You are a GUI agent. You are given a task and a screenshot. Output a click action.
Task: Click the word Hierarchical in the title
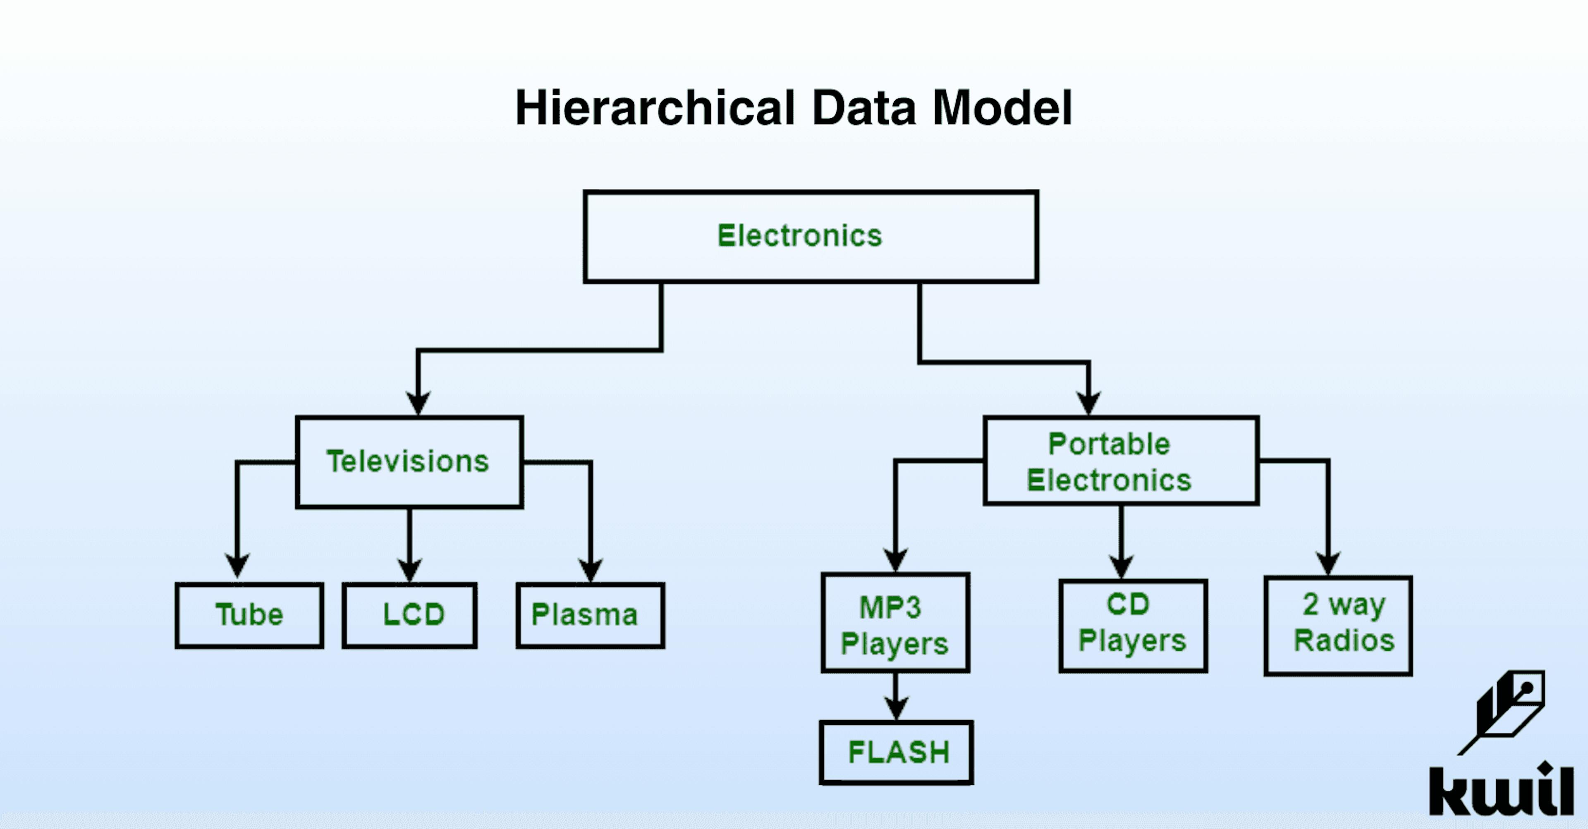click(655, 108)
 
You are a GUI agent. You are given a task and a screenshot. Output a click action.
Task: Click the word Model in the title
click(1002, 108)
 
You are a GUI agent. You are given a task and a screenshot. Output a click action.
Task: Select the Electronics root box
click(811, 237)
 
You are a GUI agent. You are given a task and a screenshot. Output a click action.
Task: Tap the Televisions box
click(409, 462)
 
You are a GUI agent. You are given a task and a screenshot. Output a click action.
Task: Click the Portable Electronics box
click(1121, 461)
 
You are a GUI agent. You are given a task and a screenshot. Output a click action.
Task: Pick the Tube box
click(249, 615)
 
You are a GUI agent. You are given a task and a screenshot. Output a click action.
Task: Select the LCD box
click(410, 615)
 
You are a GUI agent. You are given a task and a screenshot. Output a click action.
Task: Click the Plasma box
click(590, 615)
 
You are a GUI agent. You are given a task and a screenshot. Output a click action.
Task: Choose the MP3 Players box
click(895, 623)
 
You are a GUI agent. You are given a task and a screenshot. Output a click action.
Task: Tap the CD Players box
click(1132, 625)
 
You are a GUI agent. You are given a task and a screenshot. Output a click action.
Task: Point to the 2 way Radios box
click(1338, 626)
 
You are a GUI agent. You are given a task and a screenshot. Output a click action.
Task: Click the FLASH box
click(896, 752)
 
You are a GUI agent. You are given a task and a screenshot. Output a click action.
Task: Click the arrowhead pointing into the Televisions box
click(419, 403)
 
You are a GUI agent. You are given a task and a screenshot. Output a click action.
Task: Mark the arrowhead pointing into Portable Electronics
click(1089, 403)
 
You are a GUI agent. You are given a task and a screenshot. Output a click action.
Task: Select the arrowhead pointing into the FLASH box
click(896, 709)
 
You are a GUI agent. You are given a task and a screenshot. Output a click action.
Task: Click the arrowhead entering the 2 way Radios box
click(1328, 564)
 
